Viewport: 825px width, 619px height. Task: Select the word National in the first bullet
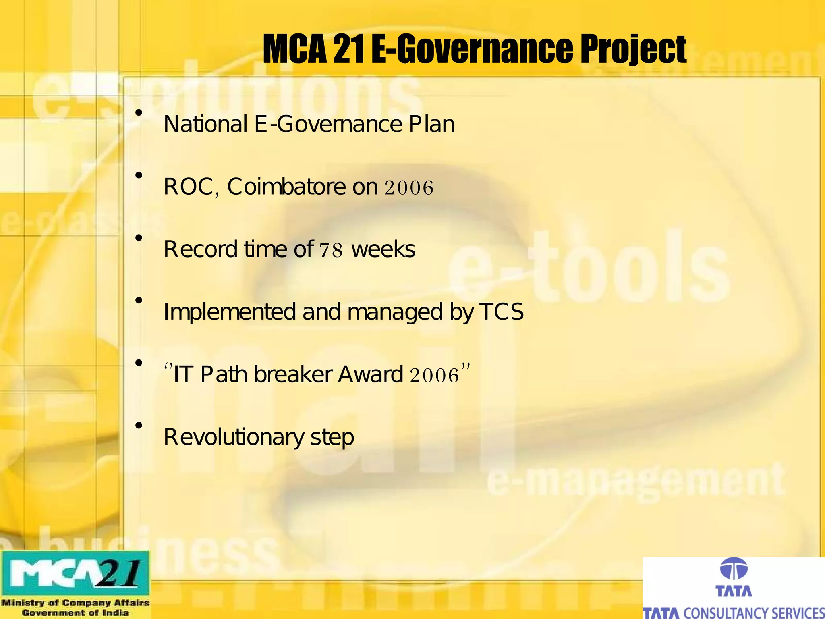click(205, 124)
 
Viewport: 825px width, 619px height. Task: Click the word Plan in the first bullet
click(432, 124)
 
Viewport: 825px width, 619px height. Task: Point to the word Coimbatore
click(286, 187)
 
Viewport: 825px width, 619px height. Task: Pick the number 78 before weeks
click(331, 250)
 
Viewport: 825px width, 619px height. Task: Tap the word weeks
click(383, 249)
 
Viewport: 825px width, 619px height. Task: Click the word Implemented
click(230, 312)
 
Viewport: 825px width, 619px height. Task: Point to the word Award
click(371, 374)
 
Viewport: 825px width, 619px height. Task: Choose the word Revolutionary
click(234, 437)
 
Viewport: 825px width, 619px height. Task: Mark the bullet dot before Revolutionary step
click(139, 425)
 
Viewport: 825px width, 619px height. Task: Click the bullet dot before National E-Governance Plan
click(139, 113)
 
